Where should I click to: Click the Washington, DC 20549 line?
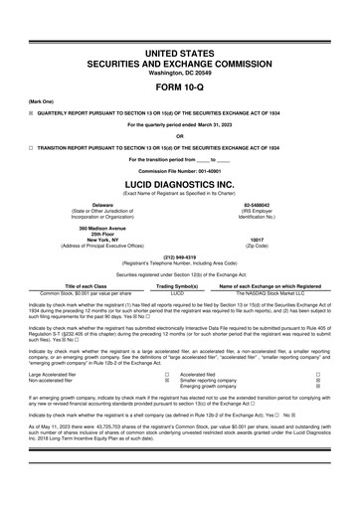click(x=179, y=57)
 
